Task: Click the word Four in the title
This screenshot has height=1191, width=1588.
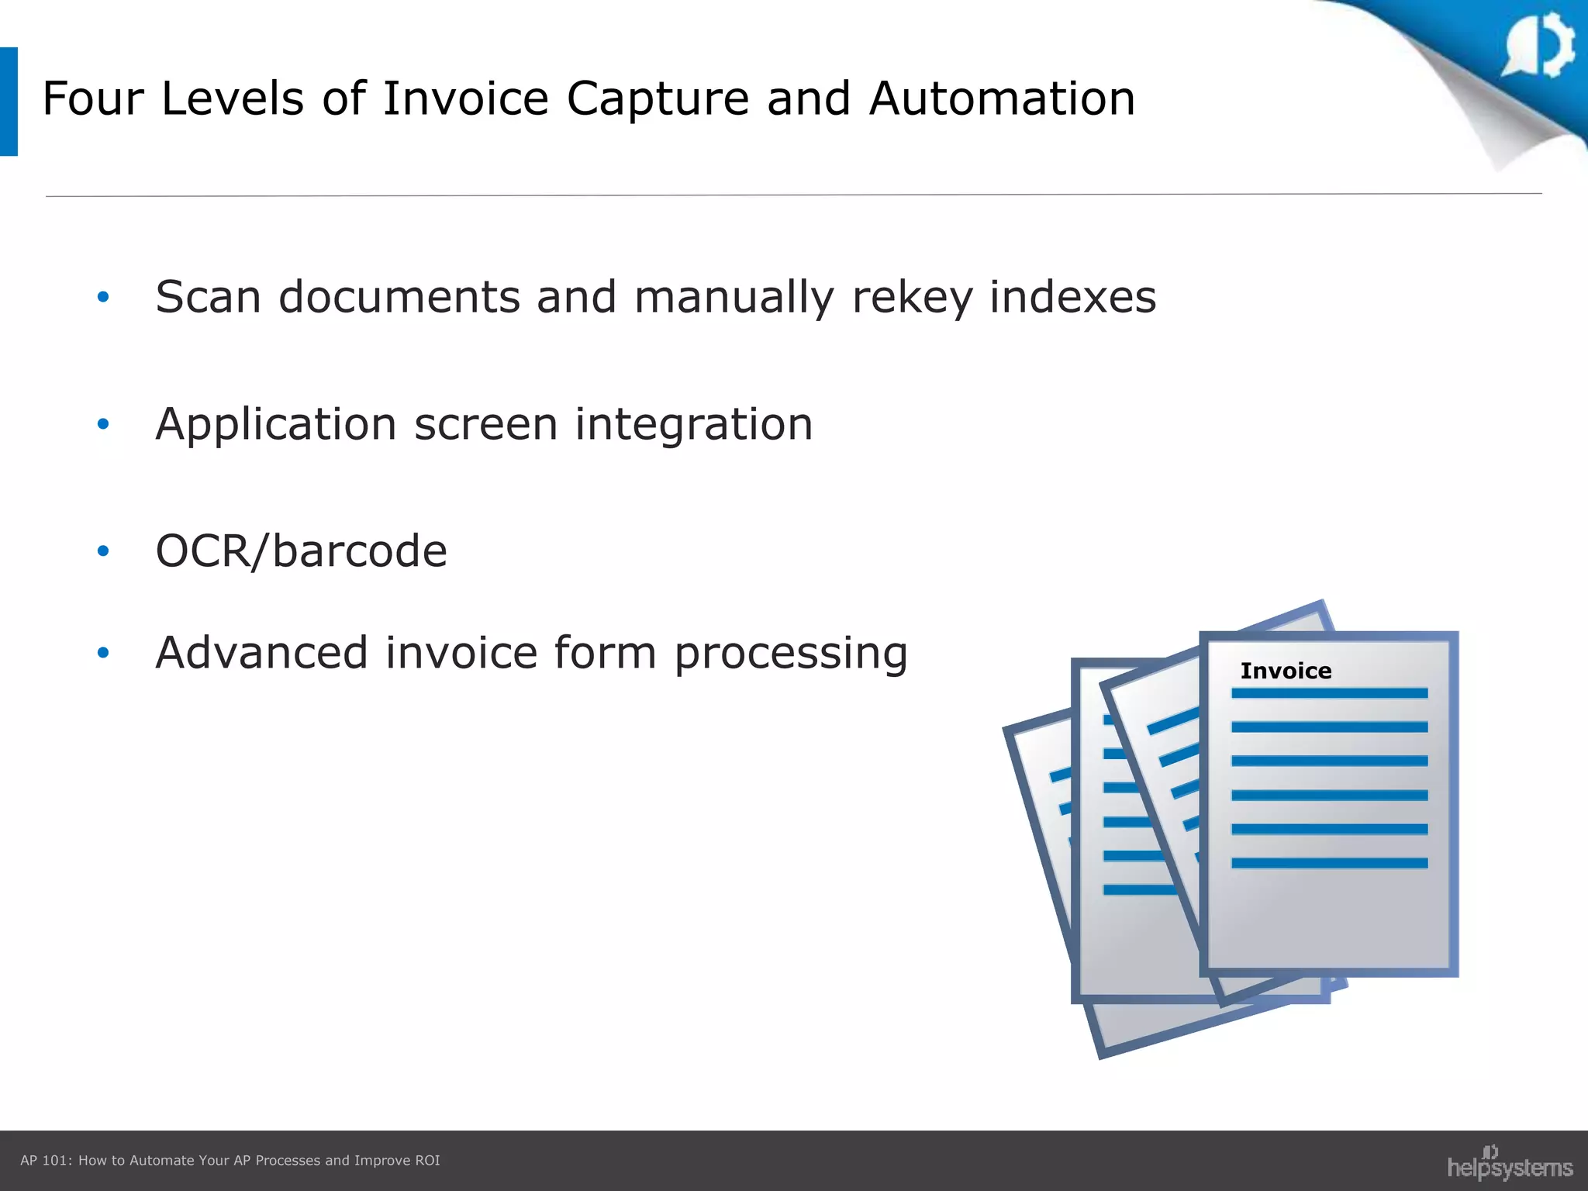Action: point(93,99)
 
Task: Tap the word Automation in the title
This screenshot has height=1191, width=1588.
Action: point(1002,99)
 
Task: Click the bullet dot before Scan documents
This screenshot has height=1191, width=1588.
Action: point(103,296)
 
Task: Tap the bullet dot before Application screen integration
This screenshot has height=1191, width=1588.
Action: point(103,423)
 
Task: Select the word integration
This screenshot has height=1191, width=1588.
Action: point(693,425)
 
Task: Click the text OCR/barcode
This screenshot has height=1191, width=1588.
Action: point(301,551)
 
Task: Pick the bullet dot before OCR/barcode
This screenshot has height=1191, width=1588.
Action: point(103,551)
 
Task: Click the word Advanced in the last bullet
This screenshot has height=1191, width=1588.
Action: point(261,652)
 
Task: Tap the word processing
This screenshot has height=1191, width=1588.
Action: point(790,654)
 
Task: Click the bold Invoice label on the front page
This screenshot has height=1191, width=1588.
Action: point(1286,671)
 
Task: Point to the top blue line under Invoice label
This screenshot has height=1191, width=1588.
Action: point(1329,693)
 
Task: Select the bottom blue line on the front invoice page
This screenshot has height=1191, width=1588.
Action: point(1329,863)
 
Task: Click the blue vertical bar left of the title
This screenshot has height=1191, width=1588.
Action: point(9,102)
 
